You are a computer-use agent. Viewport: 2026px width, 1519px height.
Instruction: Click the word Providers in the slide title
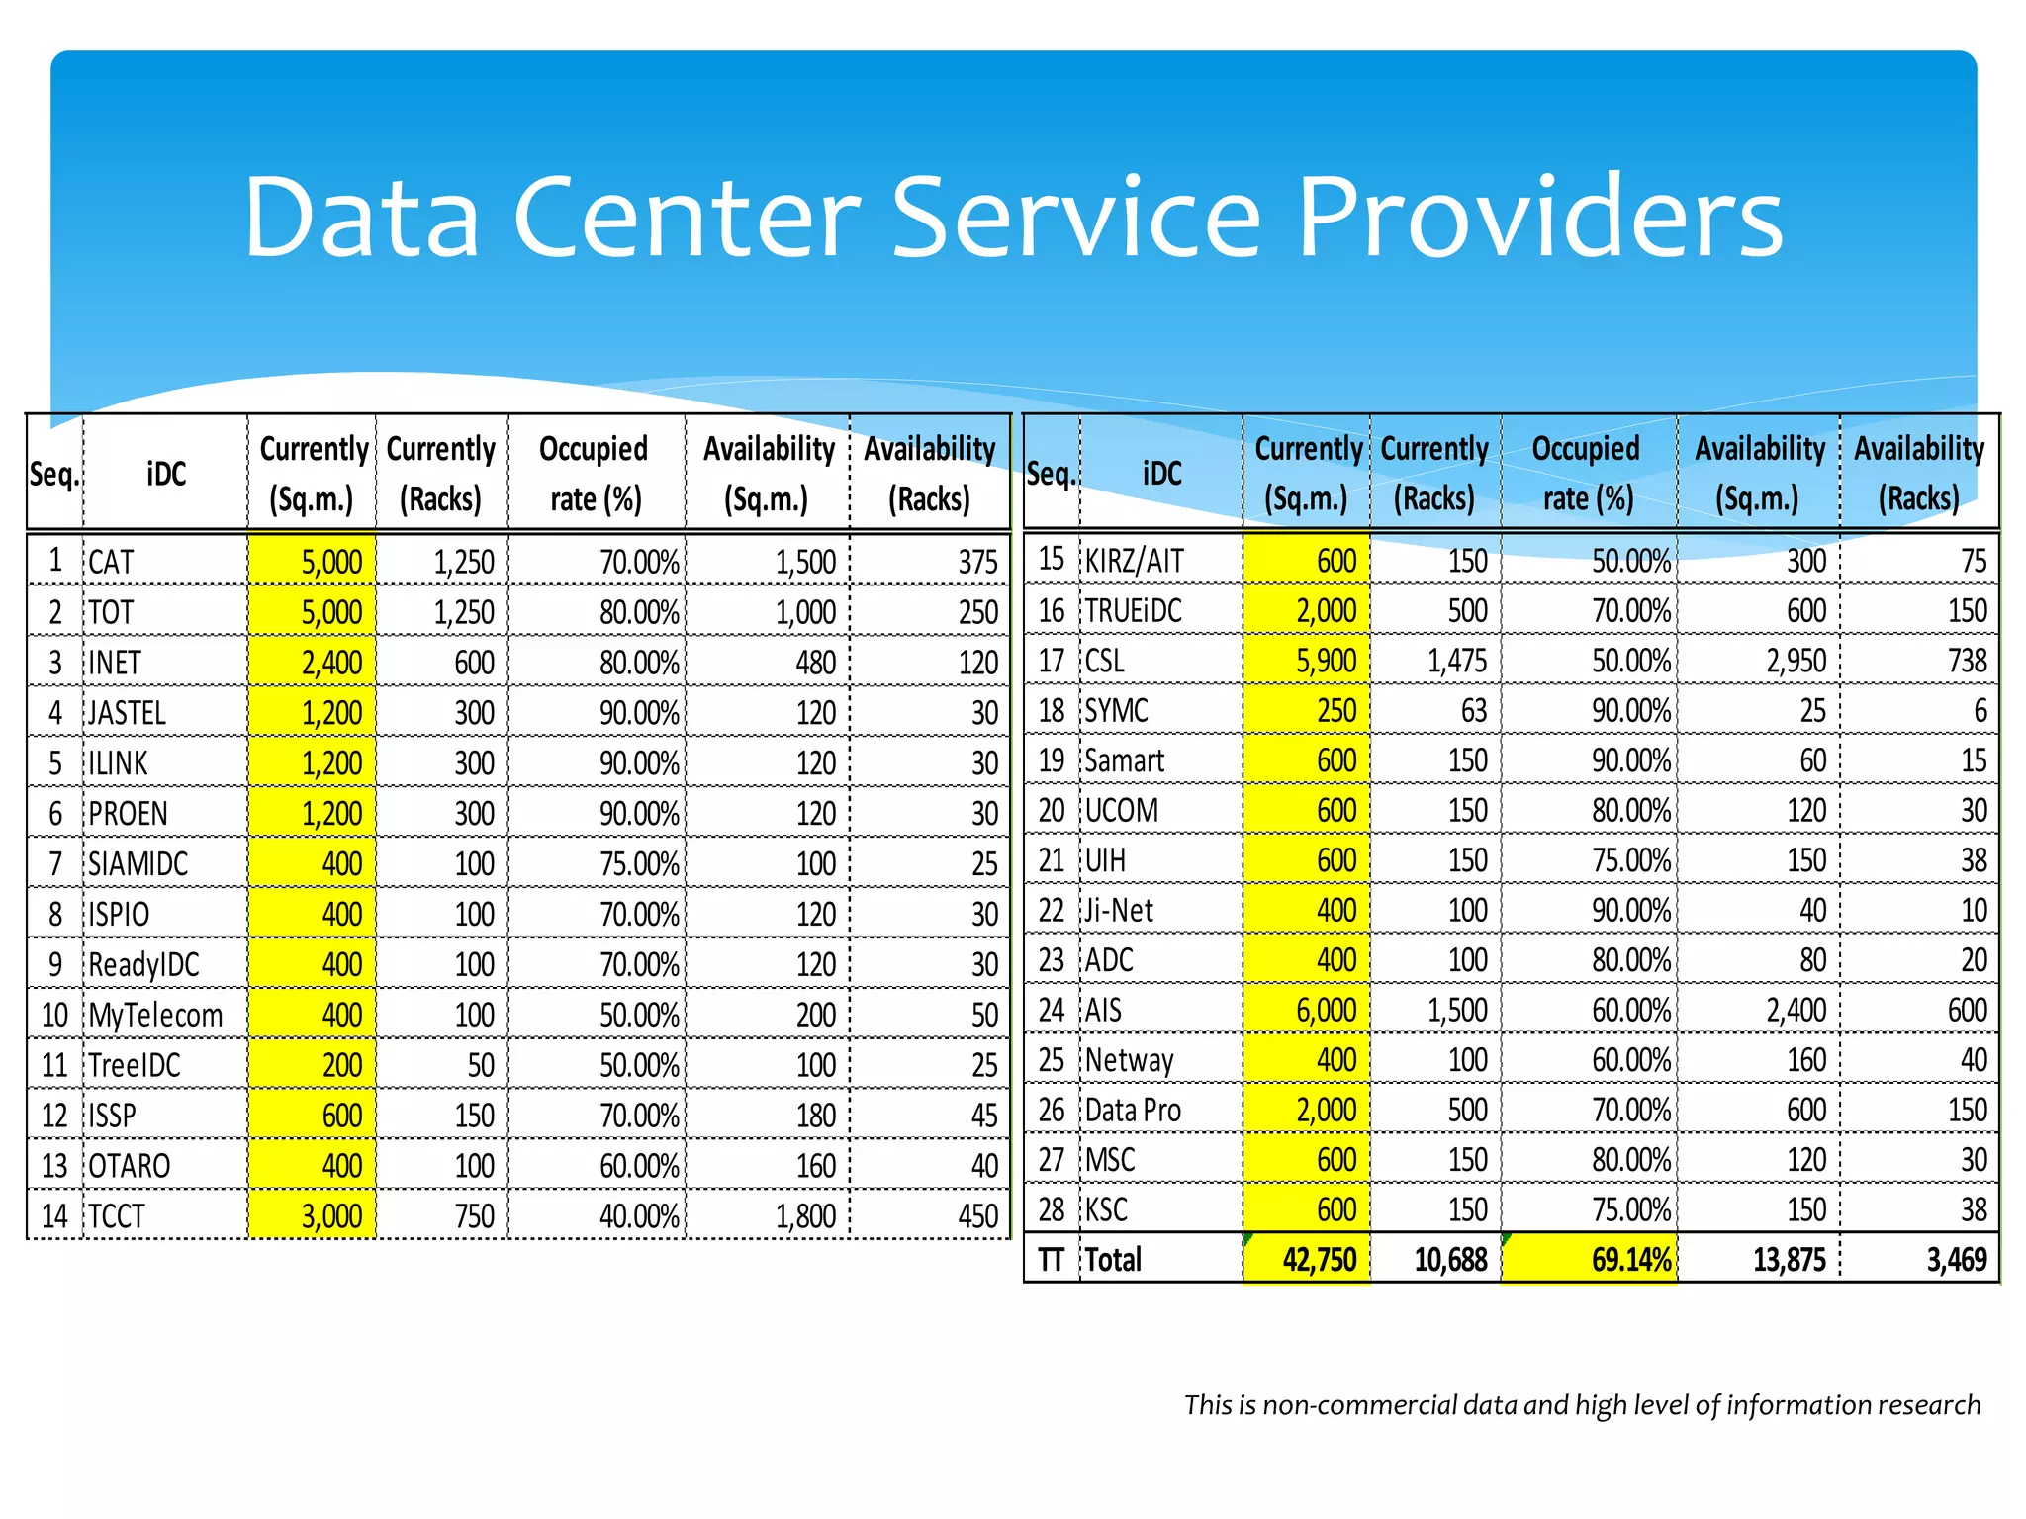point(1539,217)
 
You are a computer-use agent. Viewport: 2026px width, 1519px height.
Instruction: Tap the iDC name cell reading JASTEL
point(128,713)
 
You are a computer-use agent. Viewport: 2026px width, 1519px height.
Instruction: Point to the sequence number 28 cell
point(1051,1209)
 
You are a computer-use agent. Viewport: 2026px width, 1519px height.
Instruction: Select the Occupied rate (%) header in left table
point(595,474)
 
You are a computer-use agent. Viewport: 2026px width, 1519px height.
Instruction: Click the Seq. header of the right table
point(1051,474)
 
